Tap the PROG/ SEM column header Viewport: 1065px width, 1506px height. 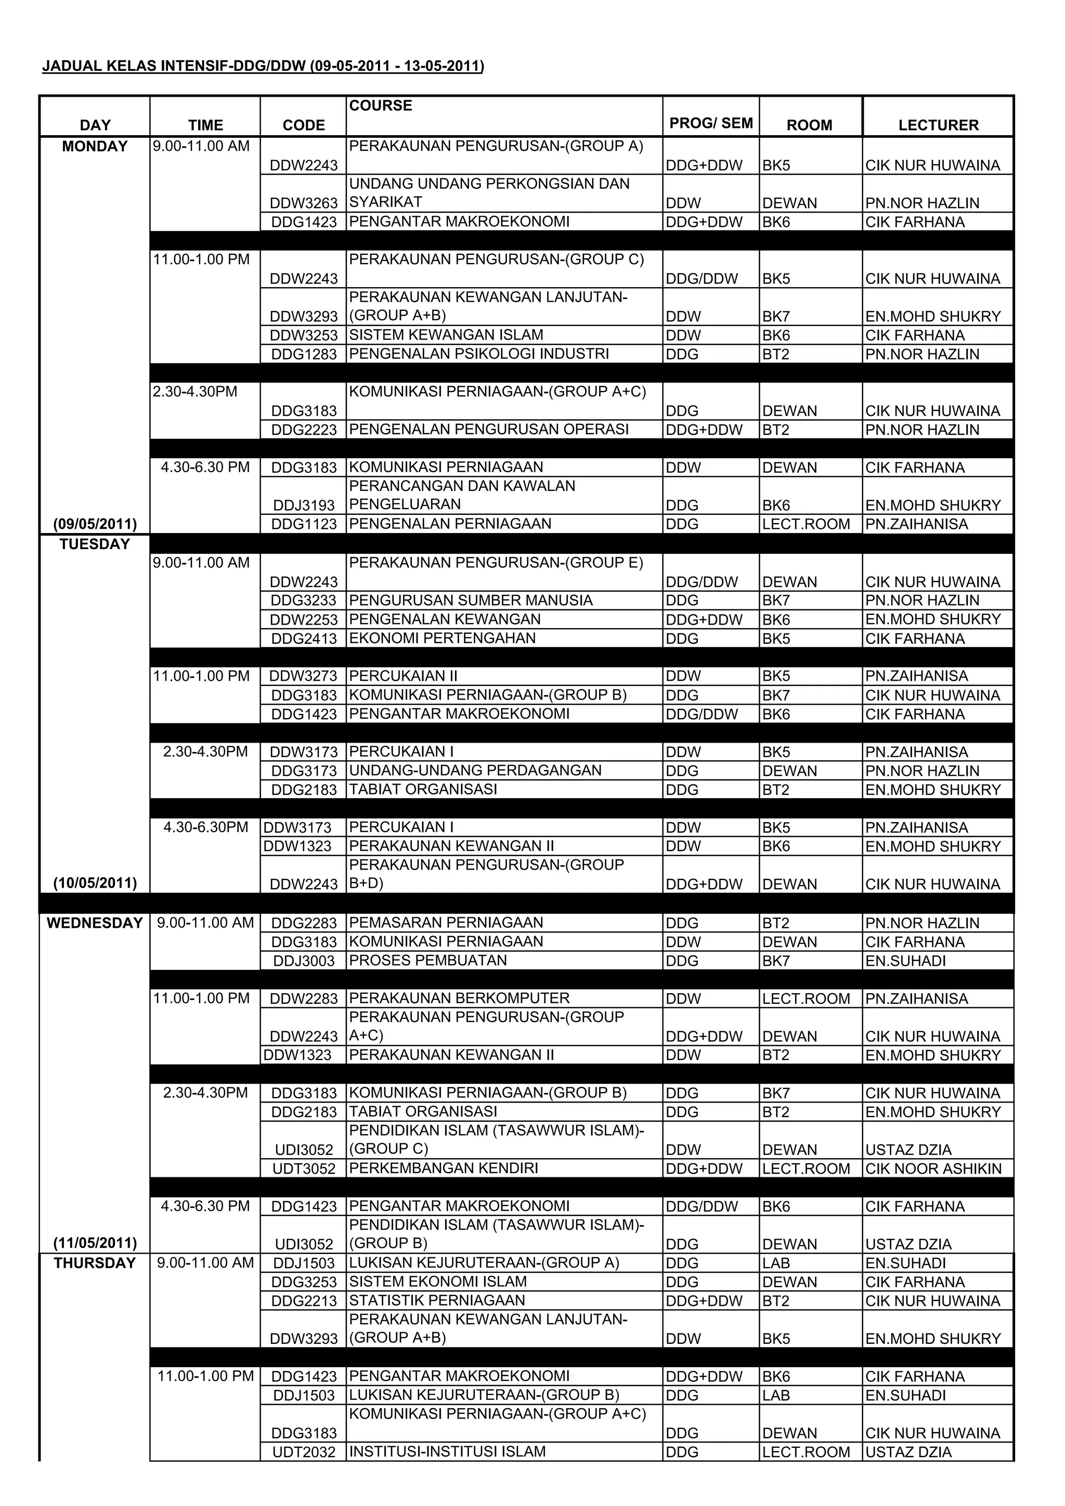[x=711, y=123]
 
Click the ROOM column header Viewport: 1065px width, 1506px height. [x=809, y=125]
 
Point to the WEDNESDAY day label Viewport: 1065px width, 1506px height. [x=95, y=923]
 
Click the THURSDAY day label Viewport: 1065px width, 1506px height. [x=95, y=1263]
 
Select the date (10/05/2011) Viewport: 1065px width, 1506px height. [x=95, y=883]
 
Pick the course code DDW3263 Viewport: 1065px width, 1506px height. [x=304, y=203]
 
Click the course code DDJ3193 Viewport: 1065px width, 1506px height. [x=304, y=505]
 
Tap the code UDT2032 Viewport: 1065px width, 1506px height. [x=304, y=1452]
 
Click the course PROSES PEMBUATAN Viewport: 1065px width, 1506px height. [x=427, y=961]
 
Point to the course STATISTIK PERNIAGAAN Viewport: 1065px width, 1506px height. [x=437, y=1301]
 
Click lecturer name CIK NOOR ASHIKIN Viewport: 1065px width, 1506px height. [x=933, y=1169]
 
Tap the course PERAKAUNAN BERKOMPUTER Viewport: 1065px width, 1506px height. [x=459, y=998]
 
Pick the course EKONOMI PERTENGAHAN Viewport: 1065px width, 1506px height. [x=442, y=638]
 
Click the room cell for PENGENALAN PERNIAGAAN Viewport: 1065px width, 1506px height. [x=806, y=525]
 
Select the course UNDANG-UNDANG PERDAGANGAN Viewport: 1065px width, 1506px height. [x=475, y=771]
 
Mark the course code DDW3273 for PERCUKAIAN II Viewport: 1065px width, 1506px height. [x=304, y=676]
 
